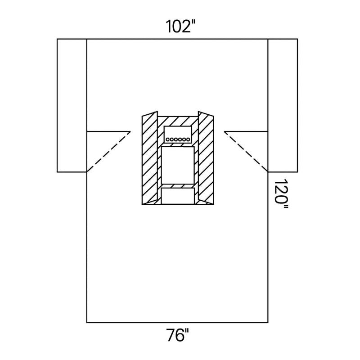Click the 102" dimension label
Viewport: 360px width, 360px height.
tap(180, 27)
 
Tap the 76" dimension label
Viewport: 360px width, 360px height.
tap(178, 335)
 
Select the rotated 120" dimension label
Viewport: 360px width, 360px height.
tap(281, 194)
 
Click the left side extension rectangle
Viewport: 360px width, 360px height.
tap(72, 105)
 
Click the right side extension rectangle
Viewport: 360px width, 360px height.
tap(283, 105)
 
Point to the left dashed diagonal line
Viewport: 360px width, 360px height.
tap(108, 152)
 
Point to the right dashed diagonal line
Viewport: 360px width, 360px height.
tap(246, 152)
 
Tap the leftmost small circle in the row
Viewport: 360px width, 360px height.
tap(168, 139)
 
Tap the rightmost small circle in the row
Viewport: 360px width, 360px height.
tap(188, 139)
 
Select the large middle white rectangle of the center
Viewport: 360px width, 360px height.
tap(178, 165)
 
